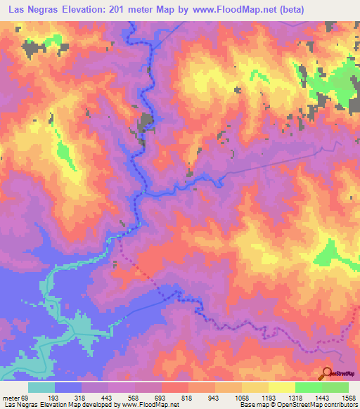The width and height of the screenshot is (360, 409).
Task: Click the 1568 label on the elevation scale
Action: click(x=349, y=398)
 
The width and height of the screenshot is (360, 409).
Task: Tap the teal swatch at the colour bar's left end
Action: click(x=41, y=387)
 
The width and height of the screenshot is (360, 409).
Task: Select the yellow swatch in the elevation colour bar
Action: click(x=281, y=387)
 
